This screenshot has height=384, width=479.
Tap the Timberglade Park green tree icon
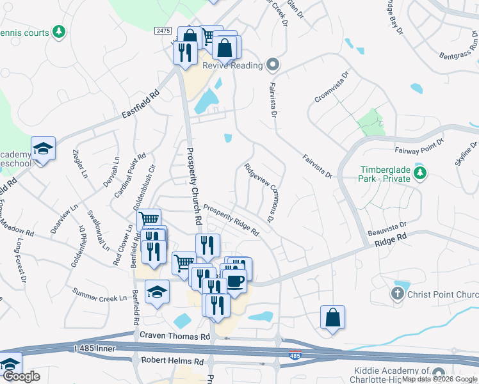(420, 173)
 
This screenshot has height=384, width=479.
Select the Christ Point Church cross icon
(397, 294)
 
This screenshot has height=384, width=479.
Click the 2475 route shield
(163, 31)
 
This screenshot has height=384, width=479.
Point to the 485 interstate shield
(293, 355)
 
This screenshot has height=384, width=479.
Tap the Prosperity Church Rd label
(195, 186)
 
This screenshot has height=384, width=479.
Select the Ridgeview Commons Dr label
(259, 191)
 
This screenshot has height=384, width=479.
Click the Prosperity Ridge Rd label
(231, 220)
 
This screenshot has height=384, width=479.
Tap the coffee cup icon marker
(235, 281)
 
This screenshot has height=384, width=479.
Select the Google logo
(22, 377)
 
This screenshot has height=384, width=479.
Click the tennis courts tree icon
(59, 32)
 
